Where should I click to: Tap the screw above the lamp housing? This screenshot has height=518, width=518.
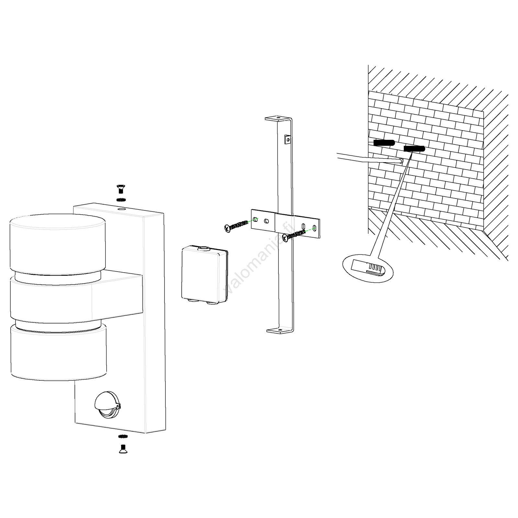121,189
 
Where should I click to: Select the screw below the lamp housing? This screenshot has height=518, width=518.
123,448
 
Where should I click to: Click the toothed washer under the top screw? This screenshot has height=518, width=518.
121,199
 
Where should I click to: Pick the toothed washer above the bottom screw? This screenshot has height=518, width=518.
123,436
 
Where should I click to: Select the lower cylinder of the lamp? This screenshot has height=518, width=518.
58,353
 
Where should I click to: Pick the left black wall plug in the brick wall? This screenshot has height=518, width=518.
384,142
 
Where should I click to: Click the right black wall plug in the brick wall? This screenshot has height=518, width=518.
414,149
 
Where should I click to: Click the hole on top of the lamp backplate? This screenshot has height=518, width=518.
121,209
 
